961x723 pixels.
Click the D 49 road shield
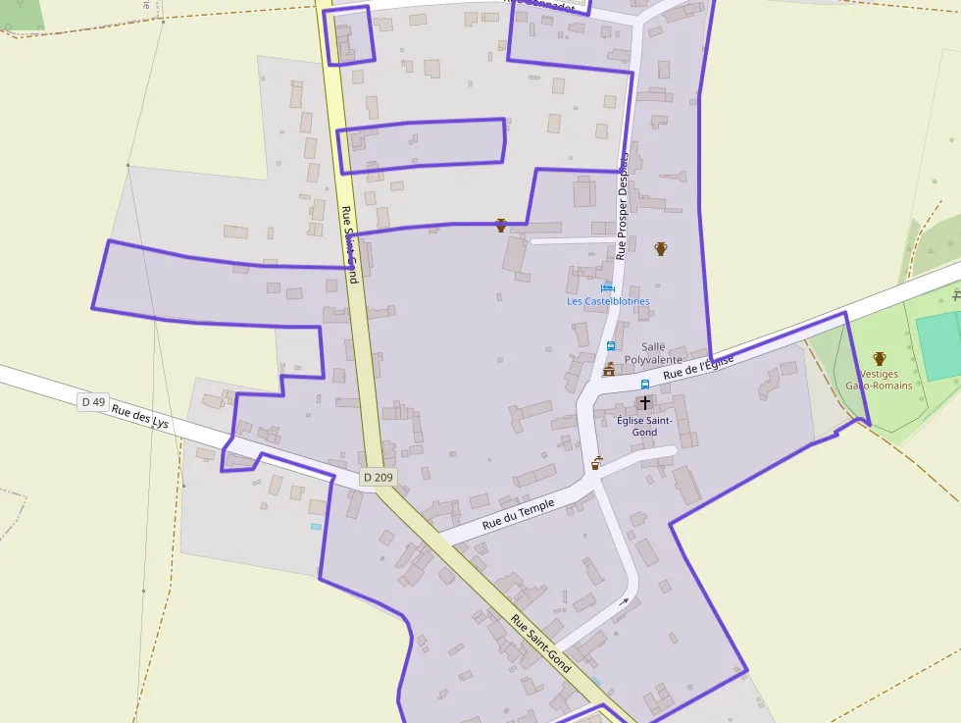(93, 401)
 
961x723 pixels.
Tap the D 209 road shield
(378, 477)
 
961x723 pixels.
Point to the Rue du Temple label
(518, 515)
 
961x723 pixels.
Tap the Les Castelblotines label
(608, 301)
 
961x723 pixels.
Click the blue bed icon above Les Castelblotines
(608, 287)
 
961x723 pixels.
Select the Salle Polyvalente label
(653, 353)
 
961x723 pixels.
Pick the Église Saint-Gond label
(644, 426)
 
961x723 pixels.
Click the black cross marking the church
(644, 403)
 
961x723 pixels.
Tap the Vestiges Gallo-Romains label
(879, 380)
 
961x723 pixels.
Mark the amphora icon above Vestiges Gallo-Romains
(879, 359)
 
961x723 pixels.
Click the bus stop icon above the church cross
(645, 385)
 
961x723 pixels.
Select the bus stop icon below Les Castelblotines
(610, 346)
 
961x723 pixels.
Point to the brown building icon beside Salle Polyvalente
(609, 370)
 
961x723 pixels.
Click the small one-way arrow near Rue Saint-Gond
(624, 601)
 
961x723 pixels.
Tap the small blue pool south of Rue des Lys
(316, 527)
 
